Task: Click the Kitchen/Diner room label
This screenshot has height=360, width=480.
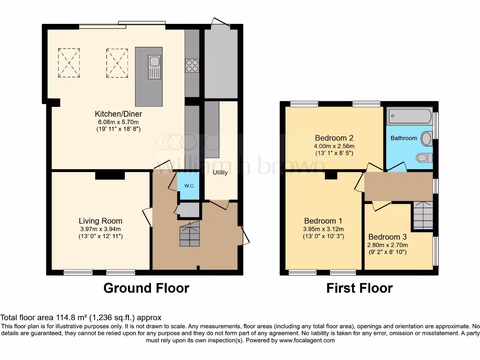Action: point(118,114)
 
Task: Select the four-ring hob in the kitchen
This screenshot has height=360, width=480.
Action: point(191,66)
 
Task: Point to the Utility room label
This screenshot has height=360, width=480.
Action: point(220,172)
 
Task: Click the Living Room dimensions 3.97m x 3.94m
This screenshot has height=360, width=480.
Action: point(100,229)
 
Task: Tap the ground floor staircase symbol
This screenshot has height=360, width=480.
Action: point(189,234)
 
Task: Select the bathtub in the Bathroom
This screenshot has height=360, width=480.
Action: point(410,116)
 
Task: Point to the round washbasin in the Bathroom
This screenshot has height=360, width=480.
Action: point(427,138)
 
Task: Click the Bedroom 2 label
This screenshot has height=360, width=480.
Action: point(334,138)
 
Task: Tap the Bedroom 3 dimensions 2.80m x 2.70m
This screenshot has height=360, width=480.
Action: point(388,245)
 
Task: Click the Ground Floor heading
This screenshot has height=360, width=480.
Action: point(146,288)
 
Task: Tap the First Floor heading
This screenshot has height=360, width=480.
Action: point(360,288)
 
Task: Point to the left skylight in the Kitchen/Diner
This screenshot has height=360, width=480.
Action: point(68,63)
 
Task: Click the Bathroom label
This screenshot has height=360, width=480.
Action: point(404,138)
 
